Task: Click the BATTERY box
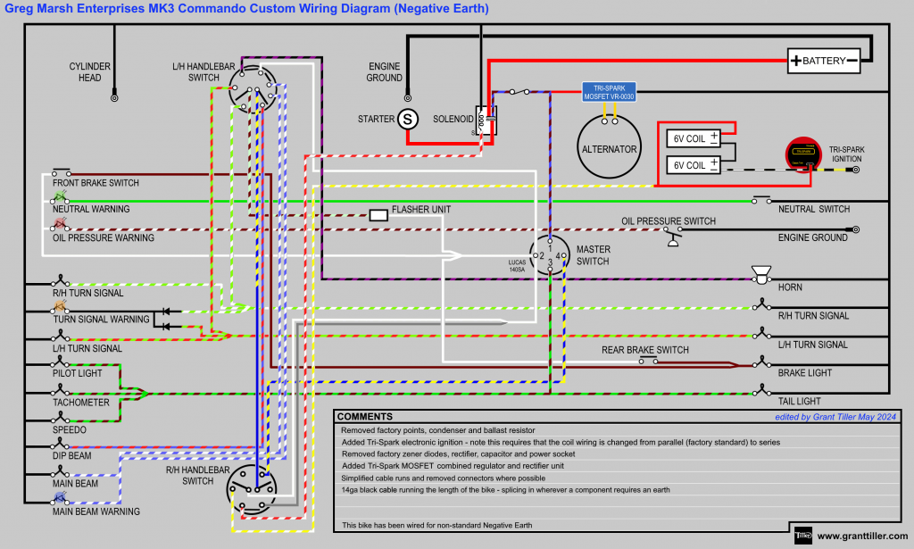824,61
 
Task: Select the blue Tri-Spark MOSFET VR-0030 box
609,92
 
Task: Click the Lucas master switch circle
550,256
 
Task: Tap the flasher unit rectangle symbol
378,215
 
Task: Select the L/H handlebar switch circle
253,89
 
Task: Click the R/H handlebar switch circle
250,486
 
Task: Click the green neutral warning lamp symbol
61,196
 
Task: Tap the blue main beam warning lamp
61,499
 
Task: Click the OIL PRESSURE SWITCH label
669,220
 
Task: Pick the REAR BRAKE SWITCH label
644,350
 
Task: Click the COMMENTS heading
364,417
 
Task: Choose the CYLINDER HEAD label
90,71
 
